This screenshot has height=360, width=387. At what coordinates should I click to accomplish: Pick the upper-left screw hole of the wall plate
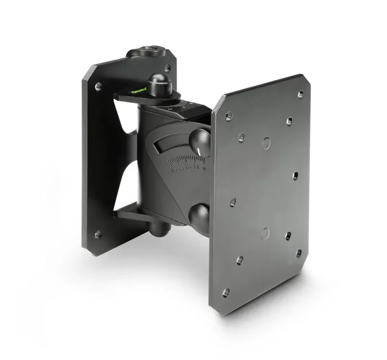pos(99,87)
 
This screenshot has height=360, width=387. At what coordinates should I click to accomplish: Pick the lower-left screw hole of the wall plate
pos(98,234)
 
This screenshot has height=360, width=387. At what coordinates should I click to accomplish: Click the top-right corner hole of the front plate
pos(301,94)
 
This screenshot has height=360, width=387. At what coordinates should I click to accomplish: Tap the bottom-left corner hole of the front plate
pos(226,293)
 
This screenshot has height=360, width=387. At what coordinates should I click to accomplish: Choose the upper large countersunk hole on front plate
pos(266,142)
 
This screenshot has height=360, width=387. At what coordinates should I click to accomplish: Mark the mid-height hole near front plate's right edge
pos(295,176)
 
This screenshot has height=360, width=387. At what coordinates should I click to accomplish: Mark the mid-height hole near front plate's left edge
pos(233,202)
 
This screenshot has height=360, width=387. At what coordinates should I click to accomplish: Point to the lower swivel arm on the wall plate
pos(133,213)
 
